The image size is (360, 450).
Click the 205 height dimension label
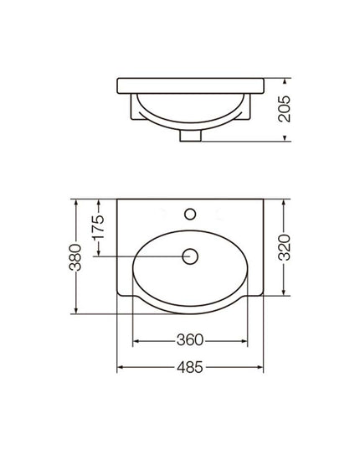[x=285, y=109]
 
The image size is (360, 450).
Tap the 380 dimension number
[x=75, y=257]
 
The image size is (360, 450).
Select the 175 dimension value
[x=98, y=227]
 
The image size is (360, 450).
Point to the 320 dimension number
[x=285, y=247]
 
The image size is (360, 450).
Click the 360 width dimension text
[x=190, y=340]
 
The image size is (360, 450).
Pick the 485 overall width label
[x=190, y=367]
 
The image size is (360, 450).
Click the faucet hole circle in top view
[x=190, y=214]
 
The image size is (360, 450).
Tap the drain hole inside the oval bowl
[x=190, y=256]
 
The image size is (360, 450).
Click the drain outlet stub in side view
[x=190, y=136]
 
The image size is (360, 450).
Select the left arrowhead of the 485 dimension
[x=121, y=367]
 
